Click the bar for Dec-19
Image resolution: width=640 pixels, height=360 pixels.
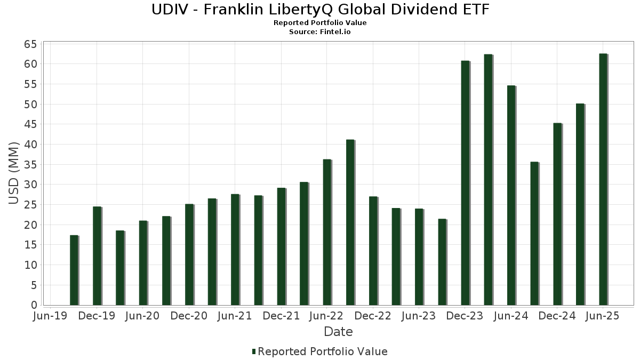click(97, 256)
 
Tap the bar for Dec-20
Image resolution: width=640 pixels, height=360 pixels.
click(189, 254)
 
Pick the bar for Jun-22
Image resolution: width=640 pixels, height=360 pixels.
click(327, 232)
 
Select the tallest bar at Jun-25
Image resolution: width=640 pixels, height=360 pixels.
click(603, 179)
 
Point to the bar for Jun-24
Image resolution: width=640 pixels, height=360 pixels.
click(511, 195)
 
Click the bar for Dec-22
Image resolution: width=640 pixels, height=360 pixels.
click(373, 251)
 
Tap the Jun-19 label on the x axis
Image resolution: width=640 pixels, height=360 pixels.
click(50, 316)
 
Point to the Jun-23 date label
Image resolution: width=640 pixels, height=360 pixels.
click(419, 316)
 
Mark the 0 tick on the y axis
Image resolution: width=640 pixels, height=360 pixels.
click(34, 305)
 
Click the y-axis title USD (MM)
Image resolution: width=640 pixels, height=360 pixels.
click(14, 173)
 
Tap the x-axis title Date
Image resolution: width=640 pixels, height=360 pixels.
click(338, 332)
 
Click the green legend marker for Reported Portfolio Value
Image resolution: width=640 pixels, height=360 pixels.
click(254, 351)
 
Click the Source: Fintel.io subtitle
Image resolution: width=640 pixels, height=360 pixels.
click(320, 31)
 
